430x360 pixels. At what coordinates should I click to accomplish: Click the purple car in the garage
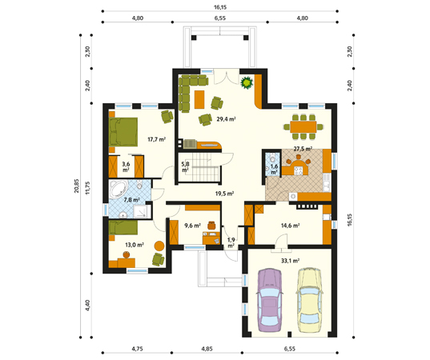(270, 300)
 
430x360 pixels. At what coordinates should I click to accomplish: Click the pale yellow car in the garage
(309, 300)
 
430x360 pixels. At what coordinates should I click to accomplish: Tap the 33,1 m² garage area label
(290, 261)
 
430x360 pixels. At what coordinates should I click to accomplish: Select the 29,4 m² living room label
(227, 119)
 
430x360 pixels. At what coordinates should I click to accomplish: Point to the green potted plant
(247, 82)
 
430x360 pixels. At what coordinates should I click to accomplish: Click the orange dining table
(303, 127)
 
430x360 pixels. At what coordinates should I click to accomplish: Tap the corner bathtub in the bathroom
(119, 189)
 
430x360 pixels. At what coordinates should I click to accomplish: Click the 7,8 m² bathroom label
(131, 200)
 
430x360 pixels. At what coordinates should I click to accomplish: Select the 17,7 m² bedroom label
(157, 139)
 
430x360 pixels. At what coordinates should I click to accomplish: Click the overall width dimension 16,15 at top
(220, 7)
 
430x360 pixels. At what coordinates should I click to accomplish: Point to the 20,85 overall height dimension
(76, 186)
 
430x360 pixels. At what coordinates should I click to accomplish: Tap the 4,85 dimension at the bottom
(207, 349)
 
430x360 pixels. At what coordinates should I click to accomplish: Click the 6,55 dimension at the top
(220, 18)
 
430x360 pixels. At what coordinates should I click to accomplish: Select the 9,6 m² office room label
(192, 226)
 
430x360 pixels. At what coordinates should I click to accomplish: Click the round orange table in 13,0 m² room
(159, 246)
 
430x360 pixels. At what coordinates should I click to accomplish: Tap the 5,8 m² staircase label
(186, 166)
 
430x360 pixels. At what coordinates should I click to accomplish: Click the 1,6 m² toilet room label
(274, 169)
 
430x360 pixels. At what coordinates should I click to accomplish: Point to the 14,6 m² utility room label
(290, 226)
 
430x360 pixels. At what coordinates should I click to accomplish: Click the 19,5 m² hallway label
(224, 194)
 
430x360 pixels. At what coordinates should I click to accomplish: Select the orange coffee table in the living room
(199, 99)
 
